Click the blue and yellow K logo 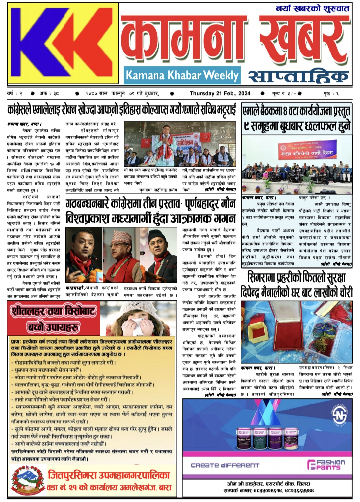[x=63, y=44]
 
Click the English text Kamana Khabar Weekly [x=182, y=75]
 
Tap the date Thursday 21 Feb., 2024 [x=220, y=94]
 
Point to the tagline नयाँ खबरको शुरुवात [x=312, y=8]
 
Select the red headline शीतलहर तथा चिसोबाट [x=53, y=312]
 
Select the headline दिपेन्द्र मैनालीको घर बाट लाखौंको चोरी [x=297, y=292]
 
